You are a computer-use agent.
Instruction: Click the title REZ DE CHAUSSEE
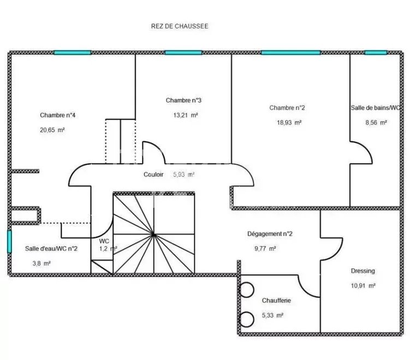click(180, 26)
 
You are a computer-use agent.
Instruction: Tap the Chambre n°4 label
click(57, 115)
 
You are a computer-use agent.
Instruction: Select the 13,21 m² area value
click(186, 115)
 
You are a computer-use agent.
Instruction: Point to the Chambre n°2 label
click(287, 107)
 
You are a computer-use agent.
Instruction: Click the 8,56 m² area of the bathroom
click(376, 122)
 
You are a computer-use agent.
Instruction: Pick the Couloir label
click(153, 174)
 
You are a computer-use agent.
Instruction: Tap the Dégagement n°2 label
click(270, 233)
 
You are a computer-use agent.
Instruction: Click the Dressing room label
click(363, 271)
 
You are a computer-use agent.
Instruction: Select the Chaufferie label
click(276, 301)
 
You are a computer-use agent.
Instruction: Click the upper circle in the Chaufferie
click(246, 290)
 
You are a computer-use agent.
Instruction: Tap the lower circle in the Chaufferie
click(246, 319)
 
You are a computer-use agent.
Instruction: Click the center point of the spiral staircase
click(154, 235)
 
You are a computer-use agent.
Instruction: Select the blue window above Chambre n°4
click(73, 52)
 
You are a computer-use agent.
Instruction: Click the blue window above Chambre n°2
click(291, 52)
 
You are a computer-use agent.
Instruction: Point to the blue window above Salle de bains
click(376, 52)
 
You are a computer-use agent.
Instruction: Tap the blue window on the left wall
click(9, 242)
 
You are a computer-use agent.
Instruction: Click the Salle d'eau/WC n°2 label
click(51, 248)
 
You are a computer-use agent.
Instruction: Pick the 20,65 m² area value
click(52, 130)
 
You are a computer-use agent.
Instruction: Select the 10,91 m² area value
click(363, 285)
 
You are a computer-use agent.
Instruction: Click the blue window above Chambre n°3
click(183, 52)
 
